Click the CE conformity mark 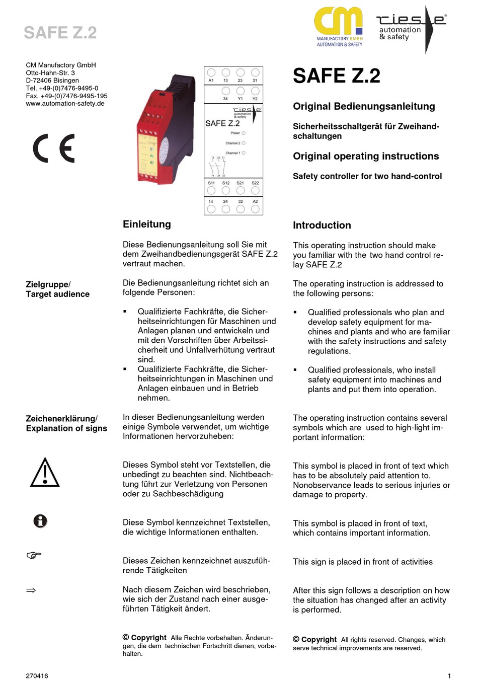coord(54,148)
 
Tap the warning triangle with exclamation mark coord(45,473)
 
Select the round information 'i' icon coord(40,521)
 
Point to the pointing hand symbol coord(34,555)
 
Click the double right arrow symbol coord(31,590)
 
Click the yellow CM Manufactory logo coord(339,27)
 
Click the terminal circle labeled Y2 coord(255,91)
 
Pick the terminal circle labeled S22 coord(255,191)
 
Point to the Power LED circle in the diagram coord(244,133)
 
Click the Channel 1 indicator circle coord(244,153)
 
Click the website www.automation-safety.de coord(65,104)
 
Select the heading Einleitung coord(147,224)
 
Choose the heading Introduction coord(322,225)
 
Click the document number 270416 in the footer coord(37,676)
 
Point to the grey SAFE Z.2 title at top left coord(60,33)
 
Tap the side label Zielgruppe coord(47,284)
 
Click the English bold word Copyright coord(319,639)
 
